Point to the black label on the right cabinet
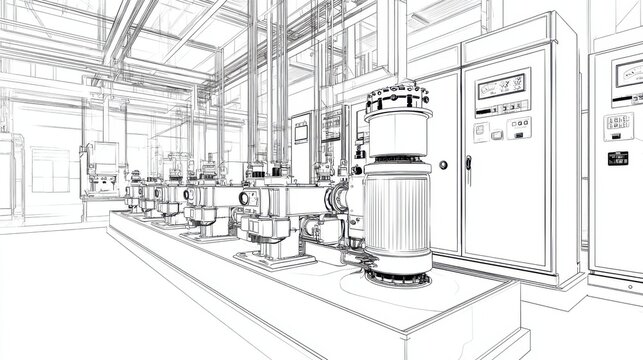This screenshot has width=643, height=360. click(618, 157)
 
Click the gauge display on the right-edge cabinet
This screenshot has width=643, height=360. click(627, 77)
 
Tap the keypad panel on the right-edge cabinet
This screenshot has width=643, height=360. click(618, 125)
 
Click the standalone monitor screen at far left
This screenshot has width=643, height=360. click(104, 153)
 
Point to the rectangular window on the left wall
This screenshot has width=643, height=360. click(48, 170)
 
